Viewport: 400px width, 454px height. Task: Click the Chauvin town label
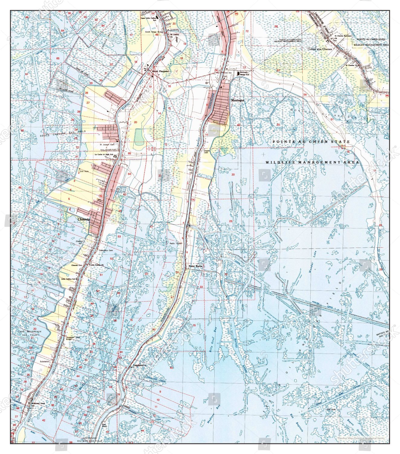pyautogui.click(x=83, y=219)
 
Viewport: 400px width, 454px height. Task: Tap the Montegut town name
pyautogui.click(x=237, y=100)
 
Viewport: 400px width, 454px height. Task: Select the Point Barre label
pyautogui.click(x=195, y=266)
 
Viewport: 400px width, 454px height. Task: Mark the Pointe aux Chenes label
pyautogui.click(x=320, y=49)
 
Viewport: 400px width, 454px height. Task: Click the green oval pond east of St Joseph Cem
pyautogui.click(x=139, y=137)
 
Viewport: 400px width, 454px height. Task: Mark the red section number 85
pyautogui.click(x=129, y=153)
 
